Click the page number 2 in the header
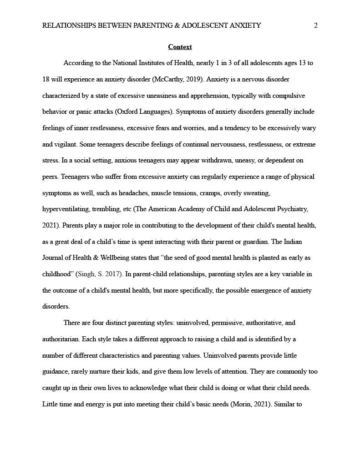[315, 25]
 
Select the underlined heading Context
[180, 47]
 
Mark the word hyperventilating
[65, 209]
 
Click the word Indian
[301, 242]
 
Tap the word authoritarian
[60, 339]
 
